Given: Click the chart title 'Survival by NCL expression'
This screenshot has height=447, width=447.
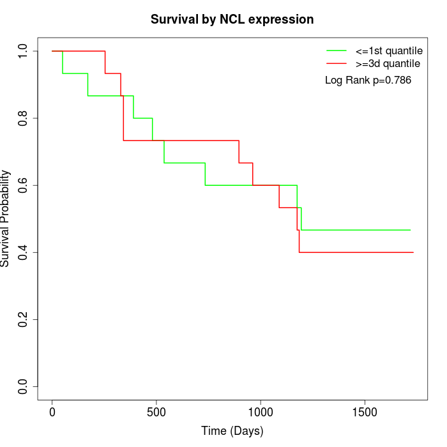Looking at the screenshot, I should pyautogui.click(x=232, y=19).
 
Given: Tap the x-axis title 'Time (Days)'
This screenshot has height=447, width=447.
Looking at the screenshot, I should pyautogui.click(x=232, y=431).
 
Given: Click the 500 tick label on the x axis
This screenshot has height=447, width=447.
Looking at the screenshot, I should pyautogui.click(x=156, y=412).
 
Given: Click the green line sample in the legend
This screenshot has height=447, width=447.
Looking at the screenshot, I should pyautogui.click(x=336, y=50).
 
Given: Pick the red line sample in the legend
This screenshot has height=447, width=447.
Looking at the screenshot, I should pyautogui.click(x=336, y=63).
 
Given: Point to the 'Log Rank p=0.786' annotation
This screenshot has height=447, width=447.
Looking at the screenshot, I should pyautogui.click(x=368, y=80).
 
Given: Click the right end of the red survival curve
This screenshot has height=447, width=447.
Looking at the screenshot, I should pyautogui.click(x=413, y=252).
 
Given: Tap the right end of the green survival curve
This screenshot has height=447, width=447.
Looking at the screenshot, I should pyautogui.click(x=410, y=230).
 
